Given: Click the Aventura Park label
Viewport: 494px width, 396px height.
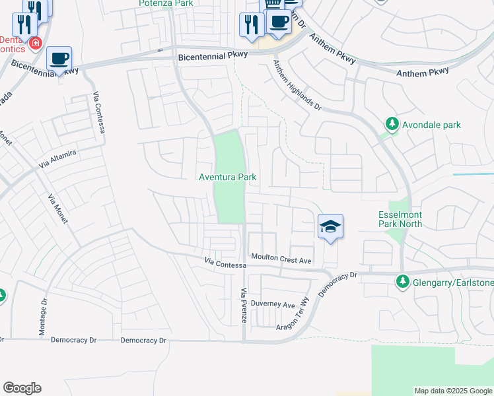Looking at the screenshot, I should click(228, 177).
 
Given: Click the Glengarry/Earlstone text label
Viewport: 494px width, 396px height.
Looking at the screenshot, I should click(454, 283).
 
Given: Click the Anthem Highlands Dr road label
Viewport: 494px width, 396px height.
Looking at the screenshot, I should click(297, 86).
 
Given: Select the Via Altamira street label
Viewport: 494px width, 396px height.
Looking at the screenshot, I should click(57, 158).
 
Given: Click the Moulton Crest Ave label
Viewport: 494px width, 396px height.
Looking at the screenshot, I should click(281, 261).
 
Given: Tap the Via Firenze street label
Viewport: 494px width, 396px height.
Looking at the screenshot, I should click(244, 305).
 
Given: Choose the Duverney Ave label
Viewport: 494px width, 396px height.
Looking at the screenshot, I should click(277, 305).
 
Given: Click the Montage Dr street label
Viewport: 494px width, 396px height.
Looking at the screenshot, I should click(44, 317).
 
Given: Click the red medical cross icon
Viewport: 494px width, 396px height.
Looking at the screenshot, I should click(35, 44).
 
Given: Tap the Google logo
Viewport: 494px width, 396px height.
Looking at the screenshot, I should click(22, 388).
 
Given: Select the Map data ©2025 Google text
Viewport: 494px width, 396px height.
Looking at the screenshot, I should click(453, 391).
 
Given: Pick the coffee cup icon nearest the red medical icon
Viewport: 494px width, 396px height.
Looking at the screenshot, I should click(59, 58).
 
